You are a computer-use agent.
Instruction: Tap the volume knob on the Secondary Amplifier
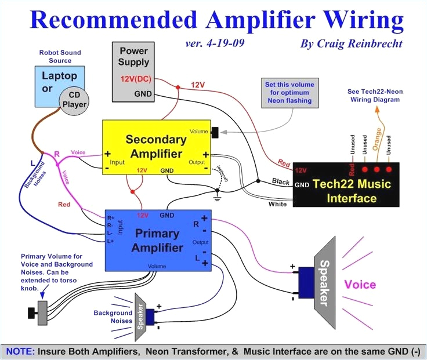pos(216,132)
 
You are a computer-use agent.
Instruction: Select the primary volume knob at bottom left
pos(38,311)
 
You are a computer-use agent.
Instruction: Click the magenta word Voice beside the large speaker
pos(360,285)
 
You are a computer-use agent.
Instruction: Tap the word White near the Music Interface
pos(277,204)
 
